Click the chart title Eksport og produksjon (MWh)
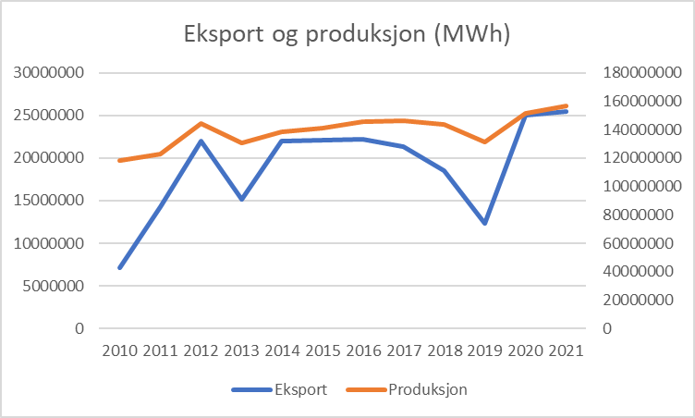pos(347,35)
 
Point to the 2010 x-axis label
pos(119,352)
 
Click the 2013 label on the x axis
pos(241,352)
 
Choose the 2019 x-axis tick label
pos(484,352)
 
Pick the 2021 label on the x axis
pos(566,352)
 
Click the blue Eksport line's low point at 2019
pos(484,223)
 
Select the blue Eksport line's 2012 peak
pos(201,141)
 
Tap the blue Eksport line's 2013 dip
pos(241,199)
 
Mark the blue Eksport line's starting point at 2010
pos(119,267)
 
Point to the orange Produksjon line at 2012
pos(201,123)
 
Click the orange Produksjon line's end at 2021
pos(566,105)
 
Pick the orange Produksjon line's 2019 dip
pos(484,141)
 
